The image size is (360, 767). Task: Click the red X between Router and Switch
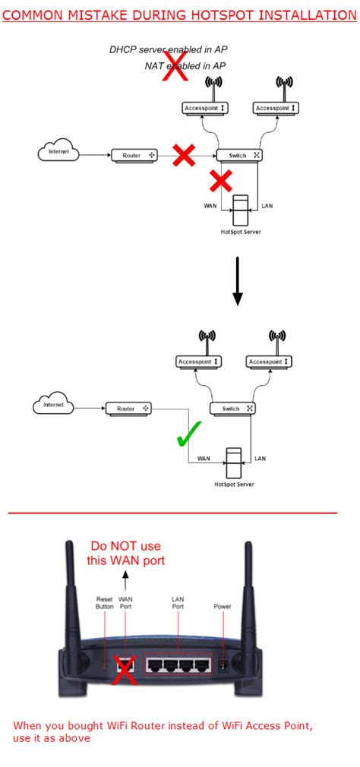183,156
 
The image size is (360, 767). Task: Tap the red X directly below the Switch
220,181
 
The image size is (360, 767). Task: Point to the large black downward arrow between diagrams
238,281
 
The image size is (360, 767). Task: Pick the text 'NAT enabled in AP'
185,66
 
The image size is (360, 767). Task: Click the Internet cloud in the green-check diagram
54,405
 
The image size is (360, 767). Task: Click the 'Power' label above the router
223,607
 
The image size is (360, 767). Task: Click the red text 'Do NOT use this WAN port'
125,553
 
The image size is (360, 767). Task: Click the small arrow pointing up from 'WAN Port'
125,583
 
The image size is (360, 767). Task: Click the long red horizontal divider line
172,513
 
